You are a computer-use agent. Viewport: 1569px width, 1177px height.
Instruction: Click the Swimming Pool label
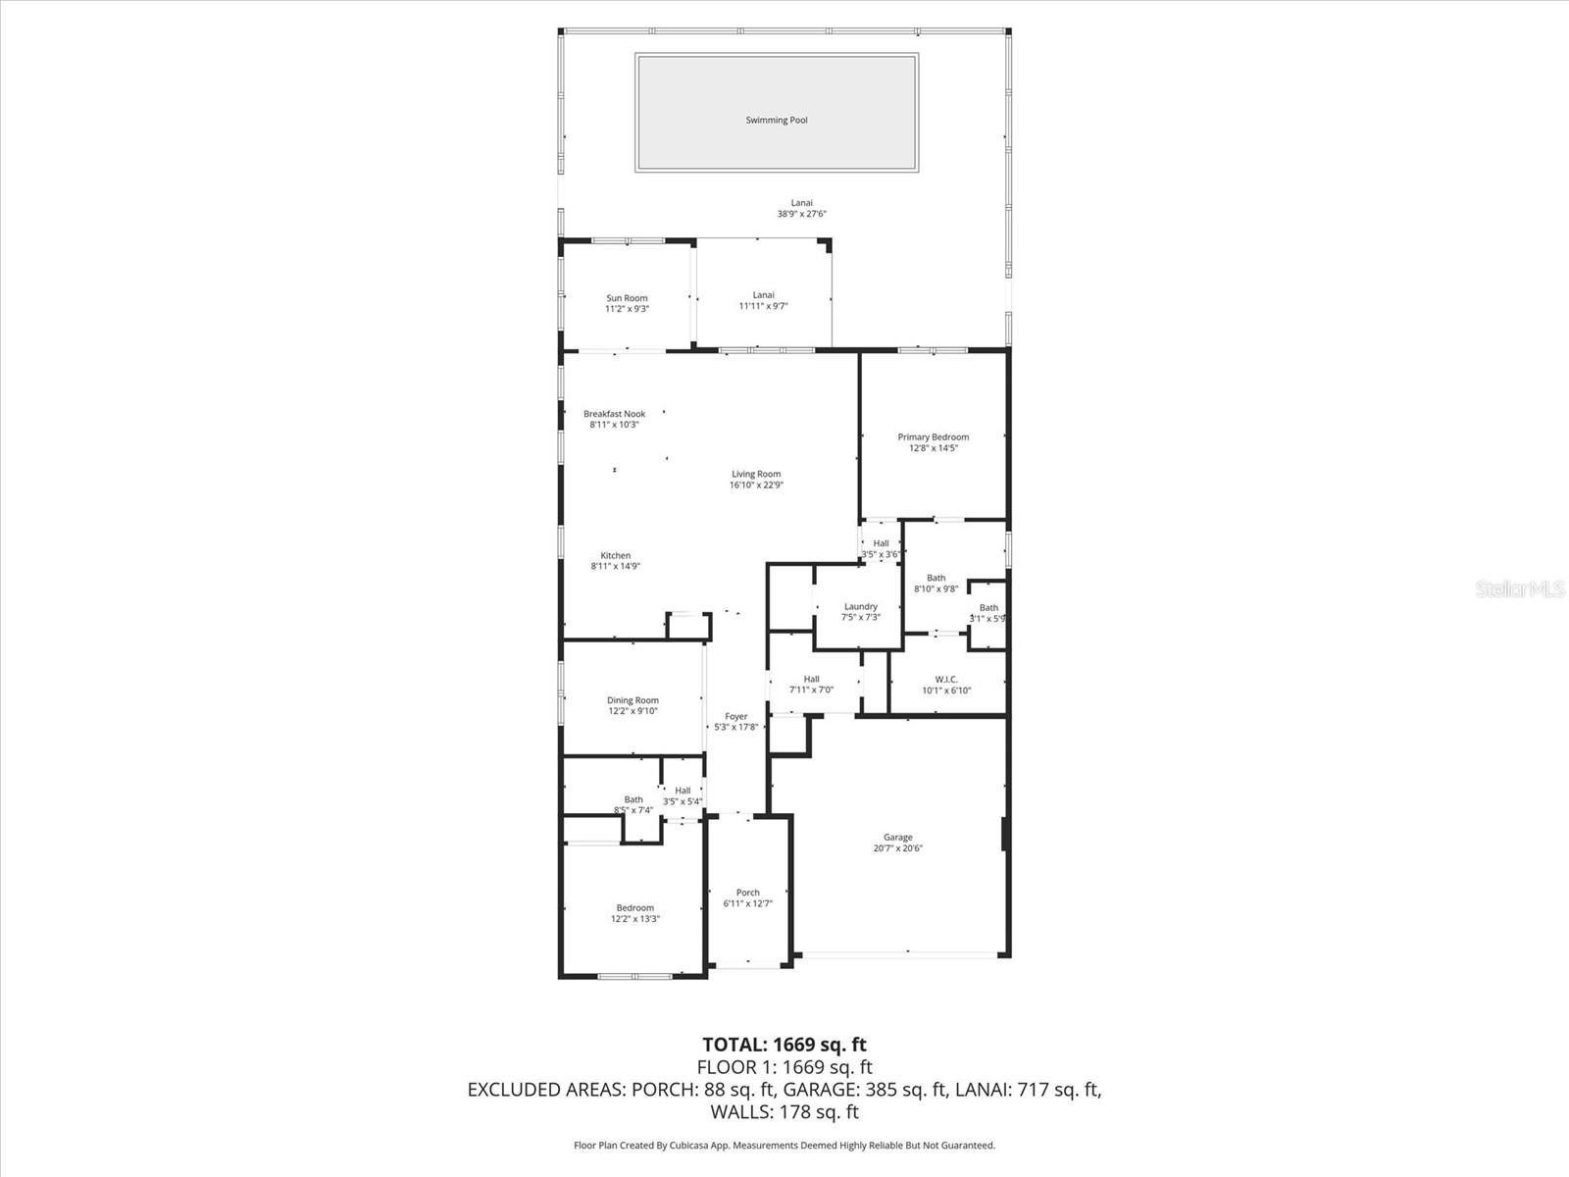777,121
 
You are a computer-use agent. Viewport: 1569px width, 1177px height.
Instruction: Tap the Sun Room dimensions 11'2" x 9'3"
627,309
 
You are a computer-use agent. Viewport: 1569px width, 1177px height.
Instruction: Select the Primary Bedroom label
933,437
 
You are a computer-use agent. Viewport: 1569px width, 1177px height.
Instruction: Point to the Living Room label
756,475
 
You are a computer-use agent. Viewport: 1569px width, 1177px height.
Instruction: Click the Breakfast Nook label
614,414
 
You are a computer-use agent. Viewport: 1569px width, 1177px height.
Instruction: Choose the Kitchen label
616,556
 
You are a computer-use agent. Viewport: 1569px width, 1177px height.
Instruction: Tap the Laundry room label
860,607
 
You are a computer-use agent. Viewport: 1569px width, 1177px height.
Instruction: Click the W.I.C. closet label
946,680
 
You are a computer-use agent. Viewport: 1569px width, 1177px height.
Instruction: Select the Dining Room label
633,701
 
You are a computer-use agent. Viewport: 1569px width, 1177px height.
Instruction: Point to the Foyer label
735,717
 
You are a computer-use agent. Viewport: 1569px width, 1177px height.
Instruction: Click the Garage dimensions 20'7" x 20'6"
897,848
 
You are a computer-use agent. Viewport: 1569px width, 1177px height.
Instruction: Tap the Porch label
747,893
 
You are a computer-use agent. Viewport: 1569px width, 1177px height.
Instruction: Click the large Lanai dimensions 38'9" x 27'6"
802,214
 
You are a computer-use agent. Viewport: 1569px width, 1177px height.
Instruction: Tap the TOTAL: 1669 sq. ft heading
784,1045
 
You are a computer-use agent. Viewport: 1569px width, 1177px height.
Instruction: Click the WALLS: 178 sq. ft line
784,1112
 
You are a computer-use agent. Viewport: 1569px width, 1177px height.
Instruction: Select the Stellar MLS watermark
1520,589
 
